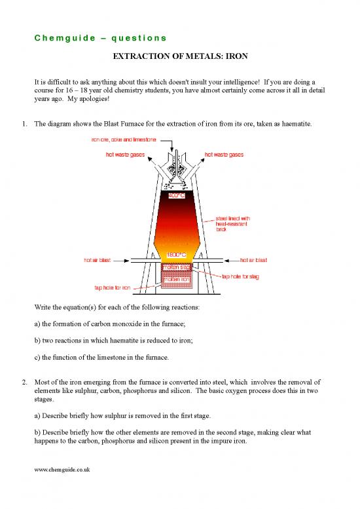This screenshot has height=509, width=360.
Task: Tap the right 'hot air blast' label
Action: click(257, 259)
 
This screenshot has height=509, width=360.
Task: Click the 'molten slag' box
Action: click(175, 267)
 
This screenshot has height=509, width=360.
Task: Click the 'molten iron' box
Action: click(175, 280)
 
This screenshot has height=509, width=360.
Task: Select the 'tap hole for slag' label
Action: click(243, 276)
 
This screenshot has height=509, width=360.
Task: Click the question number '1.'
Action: click(23, 123)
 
